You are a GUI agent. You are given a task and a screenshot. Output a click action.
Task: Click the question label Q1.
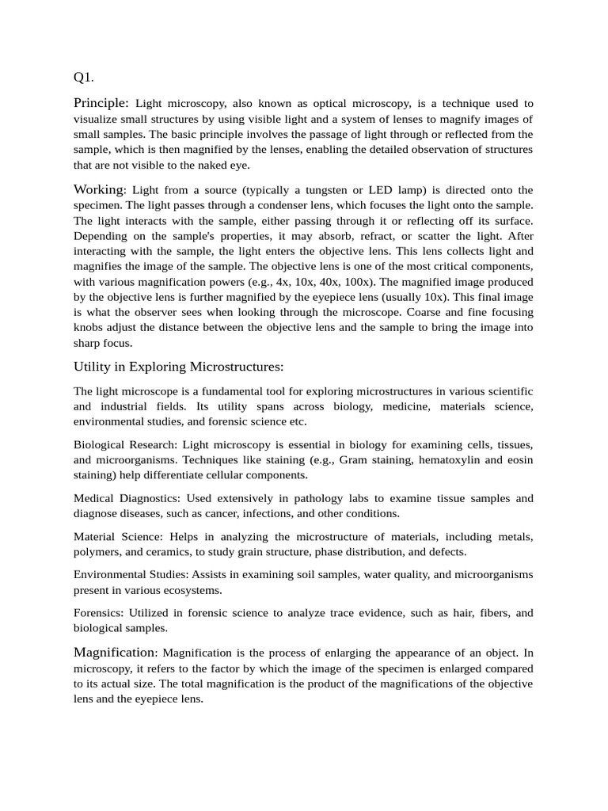pyautogui.click(x=83, y=78)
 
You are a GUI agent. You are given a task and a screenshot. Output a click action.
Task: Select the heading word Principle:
pyautogui.click(x=101, y=103)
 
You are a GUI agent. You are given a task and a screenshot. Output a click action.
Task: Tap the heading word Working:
pyautogui.click(x=100, y=189)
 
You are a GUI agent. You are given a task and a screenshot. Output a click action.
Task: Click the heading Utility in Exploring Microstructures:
pyautogui.click(x=178, y=366)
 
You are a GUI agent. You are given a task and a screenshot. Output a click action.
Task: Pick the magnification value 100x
pyautogui.click(x=362, y=281)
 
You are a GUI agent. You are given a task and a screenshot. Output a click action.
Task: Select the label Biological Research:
pyautogui.click(x=120, y=445)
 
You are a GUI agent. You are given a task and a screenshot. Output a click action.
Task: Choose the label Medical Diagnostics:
pyautogui.click(x=127, y=498)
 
